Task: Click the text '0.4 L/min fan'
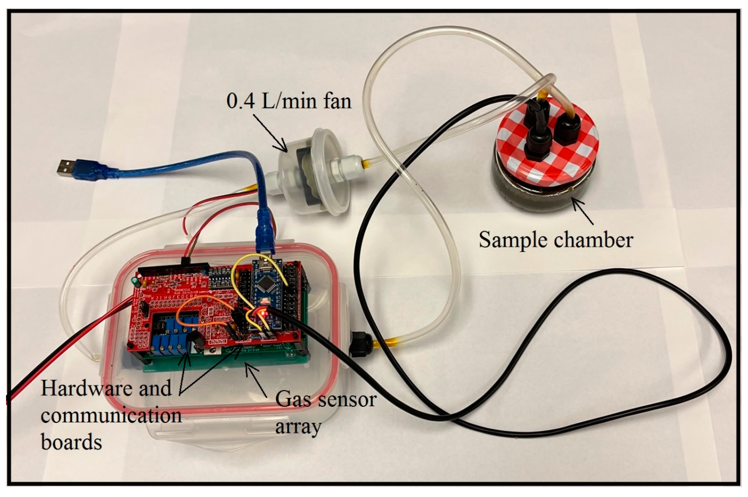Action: [289, 101]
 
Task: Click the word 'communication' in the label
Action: [111, 415]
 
